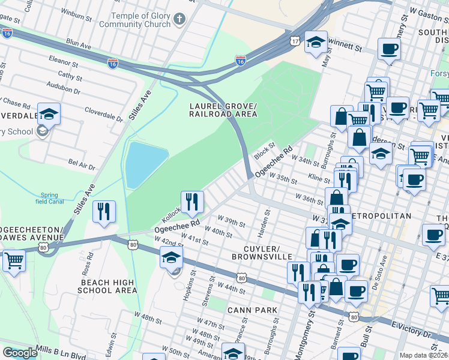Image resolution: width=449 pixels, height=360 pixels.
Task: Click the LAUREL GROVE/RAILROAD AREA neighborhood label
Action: point(223,109)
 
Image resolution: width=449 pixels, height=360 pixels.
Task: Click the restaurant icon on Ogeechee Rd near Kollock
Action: point(192,201)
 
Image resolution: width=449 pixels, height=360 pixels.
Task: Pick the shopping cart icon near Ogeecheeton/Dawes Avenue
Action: point(14,262)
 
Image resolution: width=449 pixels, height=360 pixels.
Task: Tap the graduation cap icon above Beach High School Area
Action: point(172,258)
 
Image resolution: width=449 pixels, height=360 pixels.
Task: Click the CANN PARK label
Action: point(252,310)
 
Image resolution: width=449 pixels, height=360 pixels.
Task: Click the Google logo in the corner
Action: point(20,353)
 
